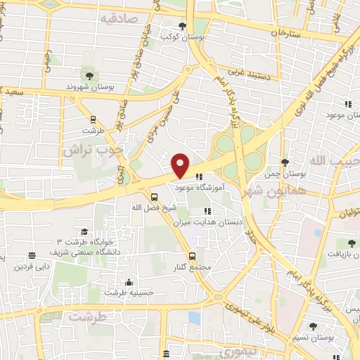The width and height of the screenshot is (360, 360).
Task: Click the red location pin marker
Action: click(x=181, y=165)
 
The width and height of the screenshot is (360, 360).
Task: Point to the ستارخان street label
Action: click(x=289, y=33)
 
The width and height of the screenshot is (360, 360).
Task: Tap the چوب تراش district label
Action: click(x=92, y=150)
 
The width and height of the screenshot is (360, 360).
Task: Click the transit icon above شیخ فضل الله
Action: click(x=155, y=196)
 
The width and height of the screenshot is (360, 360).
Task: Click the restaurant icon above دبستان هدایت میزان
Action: click(x=207, y=210)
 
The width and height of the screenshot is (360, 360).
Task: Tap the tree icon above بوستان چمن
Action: click(x=284, y=162)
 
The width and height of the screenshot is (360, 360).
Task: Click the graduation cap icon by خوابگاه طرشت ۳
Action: click(x=84, y=231)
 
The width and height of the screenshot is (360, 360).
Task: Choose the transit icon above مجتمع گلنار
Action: click(x=192, y=256)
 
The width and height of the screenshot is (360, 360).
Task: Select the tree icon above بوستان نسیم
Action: click(x=314, y=326)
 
